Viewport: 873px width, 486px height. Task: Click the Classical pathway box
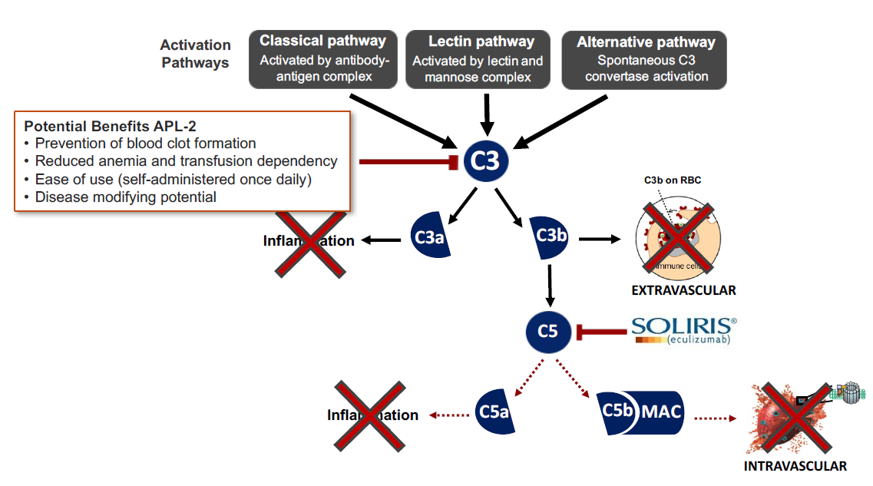pyautogui.click(x=322, y=59)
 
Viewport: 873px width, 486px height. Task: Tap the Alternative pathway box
pyautogui.click(x=645, y=59)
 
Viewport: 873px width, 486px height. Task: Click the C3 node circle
pyautogui.click(x=484, y=161)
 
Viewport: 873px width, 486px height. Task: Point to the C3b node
pyautogui.click(x=550, y=236)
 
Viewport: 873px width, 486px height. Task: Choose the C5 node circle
pyautogui.click(x=547, y=332)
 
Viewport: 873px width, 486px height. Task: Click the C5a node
pyautogui.click(x=493, y=413)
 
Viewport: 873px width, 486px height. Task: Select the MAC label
pyautogui.click(x=661, y=412)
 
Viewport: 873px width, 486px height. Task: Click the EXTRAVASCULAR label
pyautogui.click(x=683, y=290)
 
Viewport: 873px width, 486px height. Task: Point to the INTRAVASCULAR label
pyautogui.click(x=795, y=466)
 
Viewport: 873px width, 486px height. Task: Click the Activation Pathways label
pyautogui.click(x=196, y=54)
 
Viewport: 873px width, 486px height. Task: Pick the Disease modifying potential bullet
pyautogui.click(x=126, y=197)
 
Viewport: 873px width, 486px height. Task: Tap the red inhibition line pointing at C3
pyautogui.click(x=407, y=161)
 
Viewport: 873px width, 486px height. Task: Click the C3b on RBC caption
pyautogui.click(x=673, y=180)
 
